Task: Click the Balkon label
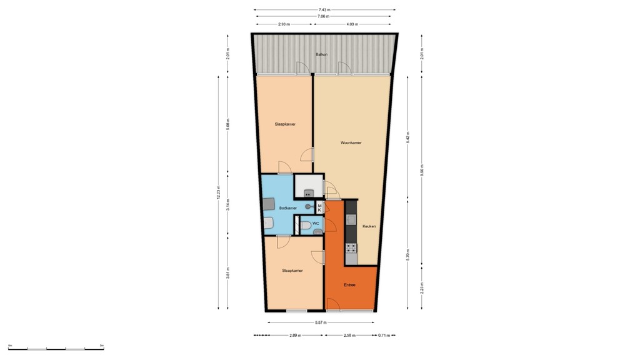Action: click(x=322, y=55)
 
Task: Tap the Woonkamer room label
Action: click(x=351, y=143)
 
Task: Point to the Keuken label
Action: click(x=369, y=227)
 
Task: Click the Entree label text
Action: click(x=349, y=285)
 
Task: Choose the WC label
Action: click(x=316, y=223)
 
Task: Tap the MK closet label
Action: click(x=319, y=207)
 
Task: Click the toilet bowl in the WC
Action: click(x=306, y=226)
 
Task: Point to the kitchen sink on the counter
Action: click(x=351, y=219)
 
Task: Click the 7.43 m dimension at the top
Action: click(x=324, y=10)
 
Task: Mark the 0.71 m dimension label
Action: click(x=384, y=336)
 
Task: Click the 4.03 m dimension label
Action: click(x=354, y=24)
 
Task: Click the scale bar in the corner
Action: click(x=56, y=347)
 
